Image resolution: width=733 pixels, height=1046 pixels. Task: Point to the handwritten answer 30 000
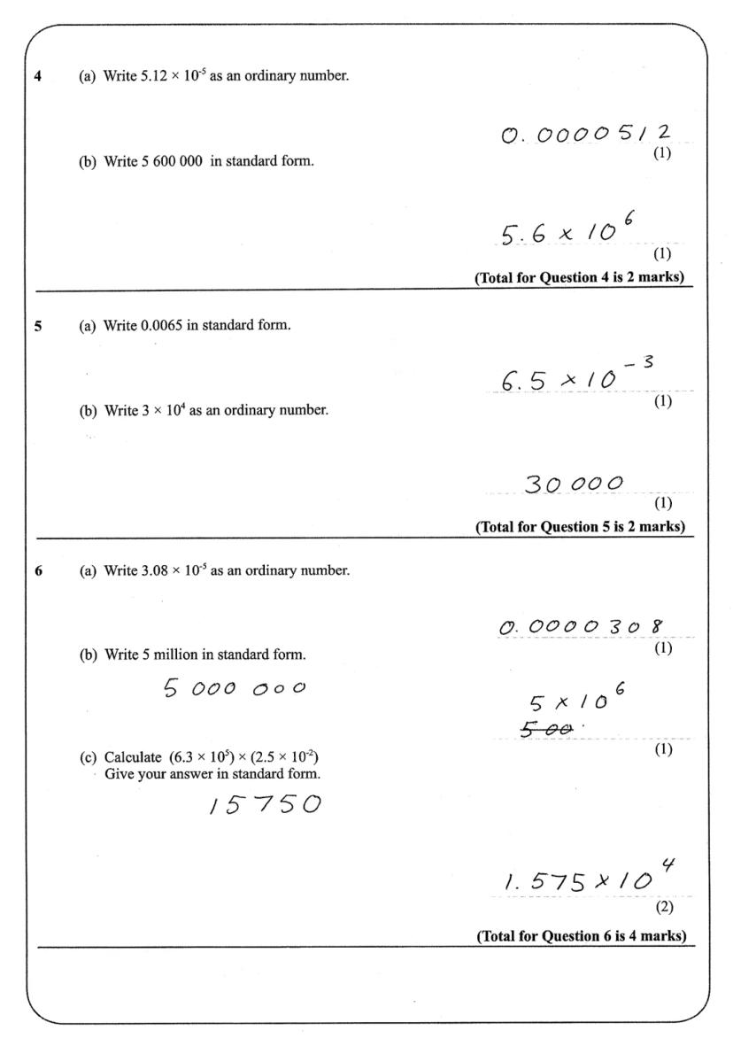[x=575, y=484]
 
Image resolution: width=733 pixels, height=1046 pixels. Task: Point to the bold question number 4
[x=37, y=75]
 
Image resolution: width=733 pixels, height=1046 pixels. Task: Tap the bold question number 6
[x=37, y=570]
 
